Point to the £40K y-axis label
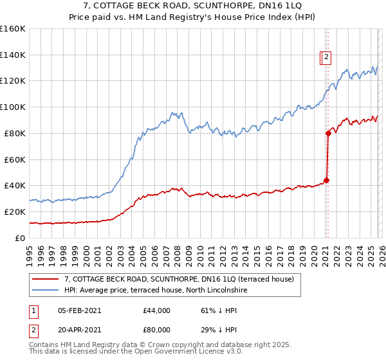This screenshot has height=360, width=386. tap(14, 185)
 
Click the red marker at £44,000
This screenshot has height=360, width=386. tap(326, 180)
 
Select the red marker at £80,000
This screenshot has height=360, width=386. tap(328, 133)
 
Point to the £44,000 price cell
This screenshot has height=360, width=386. tap(156, 310)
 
